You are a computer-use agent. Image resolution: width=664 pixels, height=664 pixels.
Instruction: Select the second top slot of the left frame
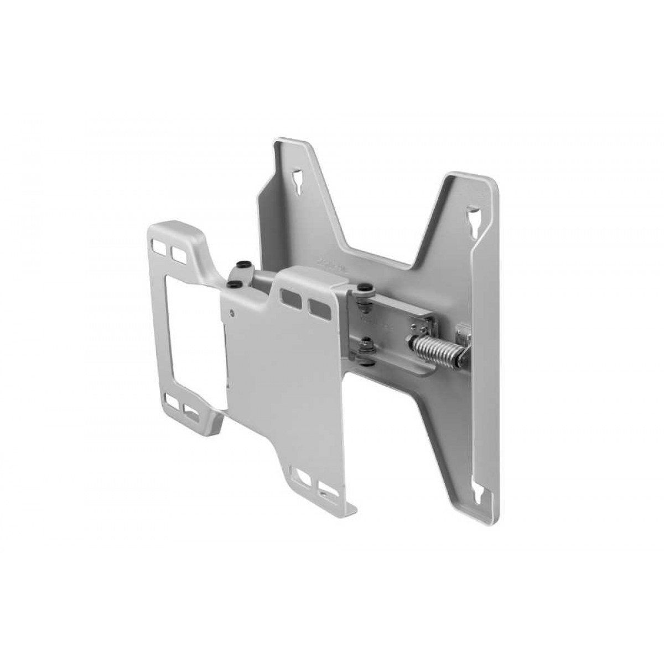tap(178, 253)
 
